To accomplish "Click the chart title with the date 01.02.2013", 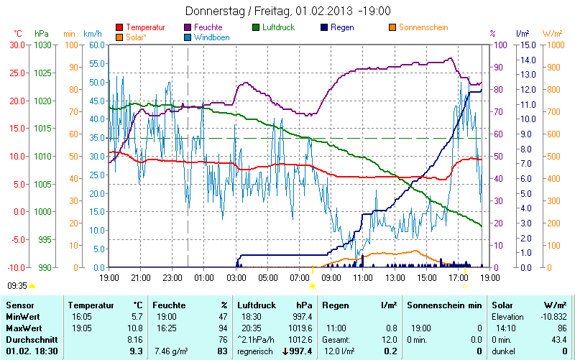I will click(x=287, y=11).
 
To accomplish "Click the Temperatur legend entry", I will click(x=145, y=27).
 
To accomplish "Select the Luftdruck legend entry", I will click(x=279, y=27).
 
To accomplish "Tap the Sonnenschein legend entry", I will click(x=423, y=27).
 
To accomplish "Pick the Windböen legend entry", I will click(x=212, y=37).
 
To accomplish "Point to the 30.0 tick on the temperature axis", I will click(x=17, y=45).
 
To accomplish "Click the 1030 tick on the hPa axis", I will click(x=42, y=45).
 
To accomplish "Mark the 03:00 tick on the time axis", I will click(x=236, y=277).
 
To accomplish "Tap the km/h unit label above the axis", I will click(x=92, y=33).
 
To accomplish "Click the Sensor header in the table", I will click(x=19, y=305).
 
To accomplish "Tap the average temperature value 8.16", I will click(x=134, y=338).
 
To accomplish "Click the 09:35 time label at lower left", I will click(x=17, y=285).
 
